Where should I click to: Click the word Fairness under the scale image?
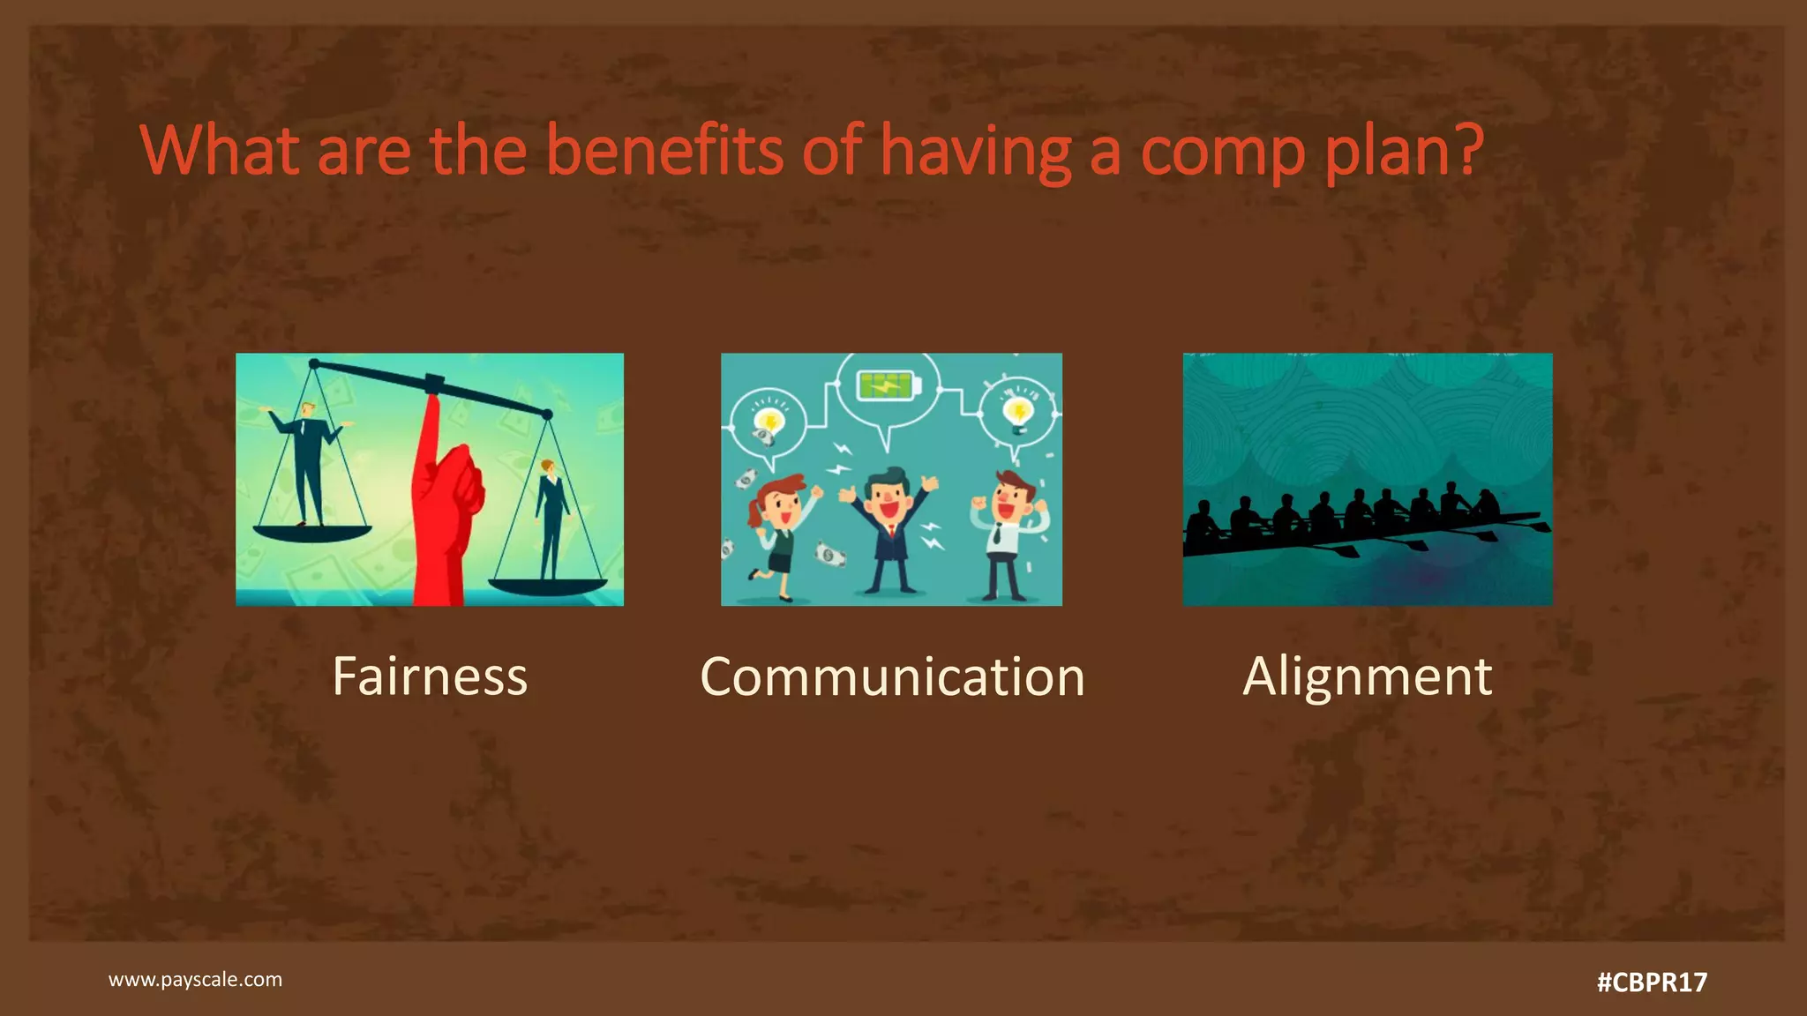tap(430, 676)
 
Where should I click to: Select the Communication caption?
tap(892, 676)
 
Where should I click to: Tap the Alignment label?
tap(1367, 676)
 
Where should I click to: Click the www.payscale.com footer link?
tap(195, 979)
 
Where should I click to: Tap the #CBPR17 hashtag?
tap(1652, 982)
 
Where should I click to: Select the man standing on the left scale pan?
tap(306, 463)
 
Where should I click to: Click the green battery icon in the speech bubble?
tap(889, 385)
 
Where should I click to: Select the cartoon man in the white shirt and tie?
tap(1006, 534)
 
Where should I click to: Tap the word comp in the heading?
tap(1222, 152)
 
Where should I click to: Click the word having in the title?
tap(975, 152)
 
